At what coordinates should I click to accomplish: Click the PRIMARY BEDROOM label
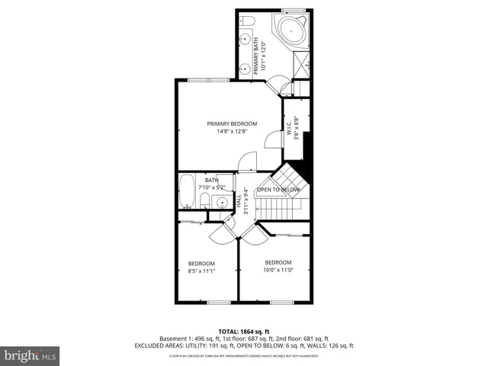pos(232,124)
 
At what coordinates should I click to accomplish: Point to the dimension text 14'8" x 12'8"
pos(232,132)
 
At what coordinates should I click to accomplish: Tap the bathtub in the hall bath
pos(186,191)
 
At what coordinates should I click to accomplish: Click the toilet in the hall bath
pos(204,201)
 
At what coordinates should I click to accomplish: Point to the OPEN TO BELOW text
pos(278,190)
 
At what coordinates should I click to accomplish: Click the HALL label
pos(239,200)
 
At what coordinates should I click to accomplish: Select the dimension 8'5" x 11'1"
pos(201,271)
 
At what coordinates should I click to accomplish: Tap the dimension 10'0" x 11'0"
pos(278,270)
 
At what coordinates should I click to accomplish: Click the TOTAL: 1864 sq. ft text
pos(244,331)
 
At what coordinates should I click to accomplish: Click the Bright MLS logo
pos(30,356)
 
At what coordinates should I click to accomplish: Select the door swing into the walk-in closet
pos(271,140)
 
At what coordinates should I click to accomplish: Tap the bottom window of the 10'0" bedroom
pos(283,302)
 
